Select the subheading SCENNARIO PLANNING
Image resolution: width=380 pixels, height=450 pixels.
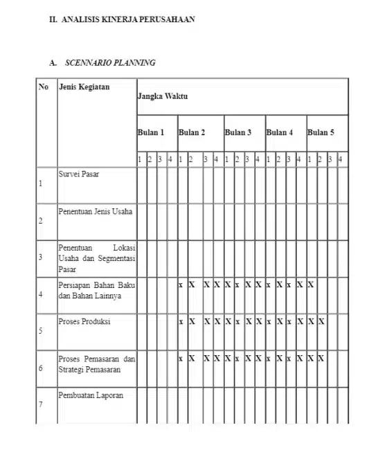[109, 63]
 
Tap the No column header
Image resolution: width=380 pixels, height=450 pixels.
[44, 87]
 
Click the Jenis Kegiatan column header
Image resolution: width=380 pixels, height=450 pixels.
[84, 87]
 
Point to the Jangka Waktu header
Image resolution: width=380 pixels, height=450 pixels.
[163, 96]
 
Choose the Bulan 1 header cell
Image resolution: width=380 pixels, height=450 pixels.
[152, 132]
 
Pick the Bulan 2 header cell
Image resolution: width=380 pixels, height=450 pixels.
[192, 132]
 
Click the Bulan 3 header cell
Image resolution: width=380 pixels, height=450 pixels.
[238, 132]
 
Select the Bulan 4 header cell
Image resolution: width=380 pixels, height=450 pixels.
[280, 132]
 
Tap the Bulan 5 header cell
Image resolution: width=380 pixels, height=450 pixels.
[321, 132]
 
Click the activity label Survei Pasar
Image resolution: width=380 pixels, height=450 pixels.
[78, 174]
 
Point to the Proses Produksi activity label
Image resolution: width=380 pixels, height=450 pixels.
[84, 322]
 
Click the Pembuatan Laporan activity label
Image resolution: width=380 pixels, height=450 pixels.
[91, 396]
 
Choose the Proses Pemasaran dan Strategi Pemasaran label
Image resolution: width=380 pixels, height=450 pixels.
[96, 364]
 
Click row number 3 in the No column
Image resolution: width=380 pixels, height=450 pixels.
[41, 258]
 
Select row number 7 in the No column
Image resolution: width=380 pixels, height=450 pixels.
[41, 406]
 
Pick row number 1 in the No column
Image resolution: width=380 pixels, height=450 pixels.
[41, 184]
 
